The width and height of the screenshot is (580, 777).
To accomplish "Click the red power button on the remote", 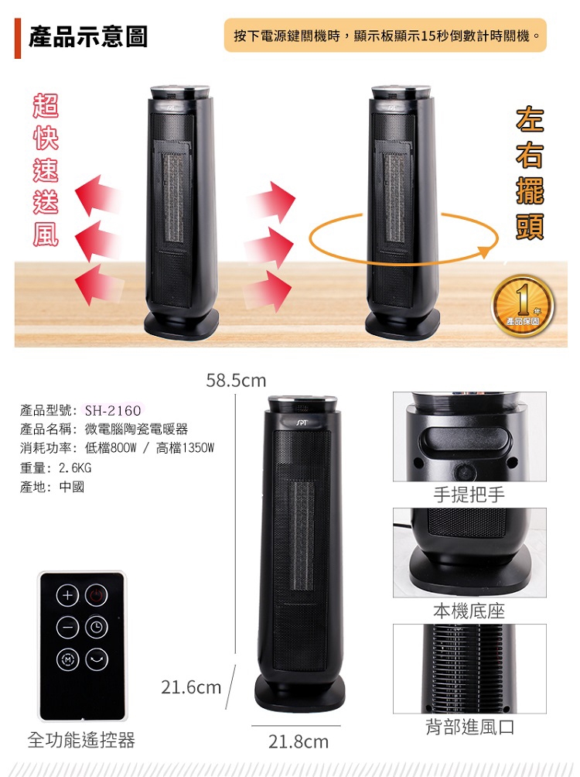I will click(x=97, y=596).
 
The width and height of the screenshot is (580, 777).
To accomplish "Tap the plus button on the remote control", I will click(x=67, y=596).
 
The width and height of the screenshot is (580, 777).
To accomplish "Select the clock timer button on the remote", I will click(x=97, y=628).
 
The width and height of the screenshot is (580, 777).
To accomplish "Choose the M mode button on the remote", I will click(x=67, y=659).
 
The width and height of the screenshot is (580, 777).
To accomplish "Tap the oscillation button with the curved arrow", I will click(x=97, y=659).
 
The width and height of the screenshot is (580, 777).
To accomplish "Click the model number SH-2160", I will click(x=113, y=411).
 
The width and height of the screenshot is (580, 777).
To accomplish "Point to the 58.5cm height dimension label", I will click(x=236, y=381).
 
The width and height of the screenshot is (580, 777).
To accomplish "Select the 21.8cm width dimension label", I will click(x=298, y=742).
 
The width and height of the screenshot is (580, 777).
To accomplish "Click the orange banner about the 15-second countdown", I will click(x=385, y=36).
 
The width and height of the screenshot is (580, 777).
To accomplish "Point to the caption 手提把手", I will click(x=469, y=495).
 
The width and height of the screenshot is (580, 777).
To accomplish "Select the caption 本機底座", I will click(x=469, y=611).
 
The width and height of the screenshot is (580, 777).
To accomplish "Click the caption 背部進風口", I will click(x=469, y=727).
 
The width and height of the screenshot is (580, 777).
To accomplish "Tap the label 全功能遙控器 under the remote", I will click(x=81, y=740).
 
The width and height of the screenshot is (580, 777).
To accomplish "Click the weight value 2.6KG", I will click(x=75, y=468).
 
